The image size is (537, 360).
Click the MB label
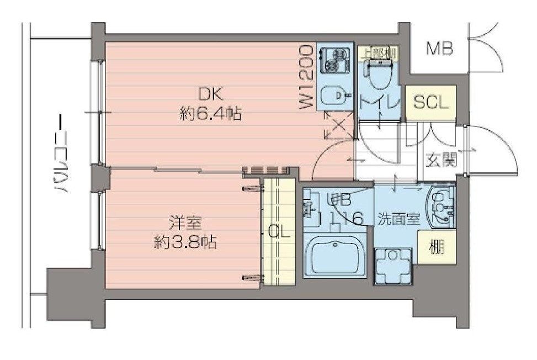click(x=440, y=49)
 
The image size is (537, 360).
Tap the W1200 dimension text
click(x=308, y=77)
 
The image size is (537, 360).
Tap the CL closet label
click(x=279, y=232)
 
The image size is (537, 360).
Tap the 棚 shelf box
click(x=436, y=247)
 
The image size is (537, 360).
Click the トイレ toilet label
click(x=380, y=102)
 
